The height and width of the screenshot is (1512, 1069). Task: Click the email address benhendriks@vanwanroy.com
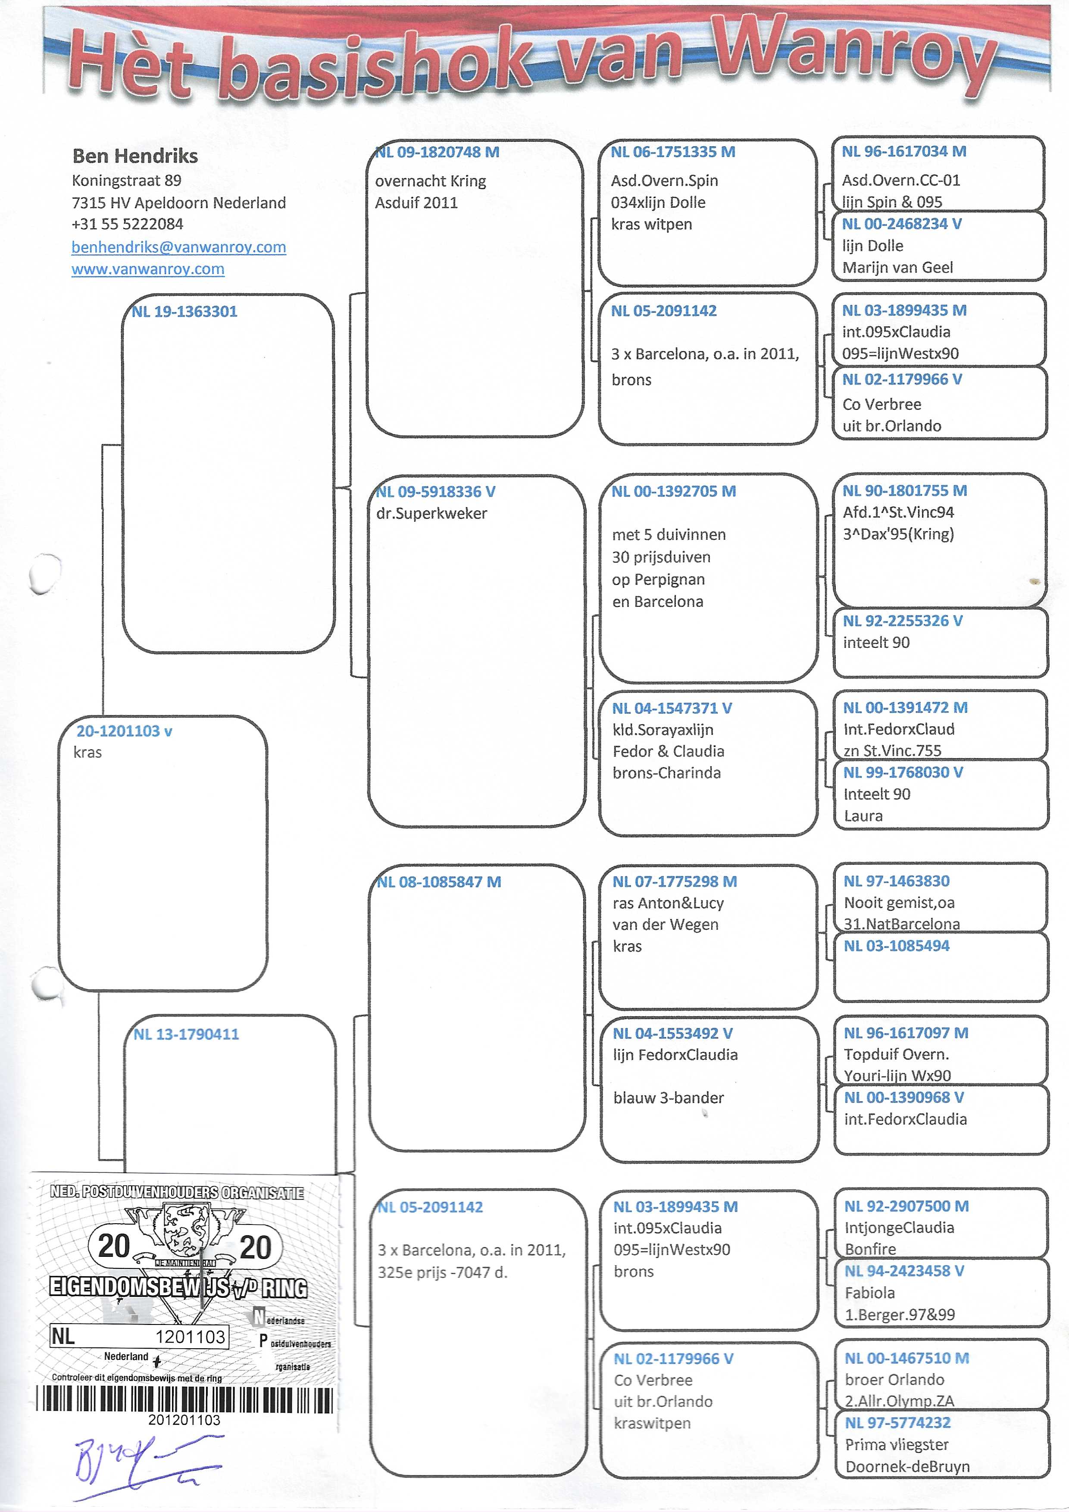click(178, 247)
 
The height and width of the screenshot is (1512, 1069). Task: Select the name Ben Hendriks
click(135, 156)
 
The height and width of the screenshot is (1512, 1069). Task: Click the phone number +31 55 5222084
click(127, 224)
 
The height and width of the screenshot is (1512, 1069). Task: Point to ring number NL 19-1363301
click(184, 312)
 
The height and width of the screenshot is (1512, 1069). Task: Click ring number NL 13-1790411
click(186, 1034)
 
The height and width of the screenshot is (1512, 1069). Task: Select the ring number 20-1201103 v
click(124, 731)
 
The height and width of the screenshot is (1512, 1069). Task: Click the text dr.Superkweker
click(431, 514)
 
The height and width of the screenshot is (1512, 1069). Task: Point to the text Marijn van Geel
click(897, 267)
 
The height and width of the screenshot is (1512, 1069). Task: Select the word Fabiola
click(869, 1293)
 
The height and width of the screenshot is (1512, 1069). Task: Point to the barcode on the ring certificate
click(184, 1400)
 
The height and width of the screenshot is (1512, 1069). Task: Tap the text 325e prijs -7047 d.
click(442, 1272)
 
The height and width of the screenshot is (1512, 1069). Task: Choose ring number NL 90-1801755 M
click(904, 490)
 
